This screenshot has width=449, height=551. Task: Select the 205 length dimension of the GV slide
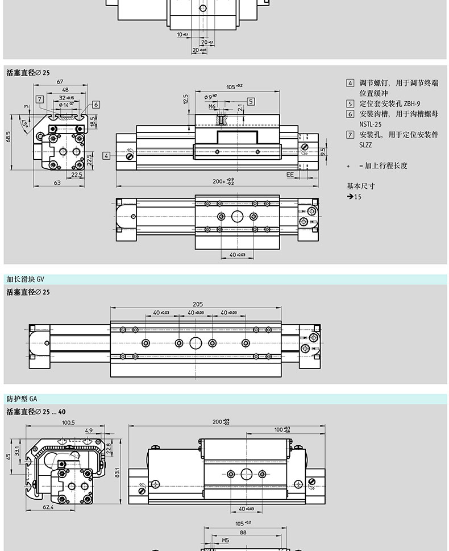click(x=197, y=304)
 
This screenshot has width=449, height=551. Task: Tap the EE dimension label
click(x=290, y=175)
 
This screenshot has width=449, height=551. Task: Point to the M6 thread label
click(x=212, y=106)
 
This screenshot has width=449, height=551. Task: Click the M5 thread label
click(x=225, y=541)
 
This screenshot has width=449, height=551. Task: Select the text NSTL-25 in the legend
click(x=370, y=125)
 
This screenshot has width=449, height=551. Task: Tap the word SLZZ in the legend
click(x=365, y=145)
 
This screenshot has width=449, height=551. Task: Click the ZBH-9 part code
click(x=413, y=104)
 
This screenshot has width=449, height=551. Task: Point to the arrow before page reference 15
click(x=350, y=197)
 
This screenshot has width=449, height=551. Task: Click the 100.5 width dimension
click(x=69, y=423)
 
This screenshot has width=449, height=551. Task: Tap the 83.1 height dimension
click(x=116, y=473)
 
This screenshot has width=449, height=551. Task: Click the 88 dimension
click(x=243, y=533)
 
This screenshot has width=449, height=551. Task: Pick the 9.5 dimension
click(x=323, y=152)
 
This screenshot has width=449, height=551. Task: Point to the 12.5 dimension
click(x=186, y=100)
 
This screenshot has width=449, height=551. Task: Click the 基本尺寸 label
click(x=361, y=186)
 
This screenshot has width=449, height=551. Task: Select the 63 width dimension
click(x=57, y=183)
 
